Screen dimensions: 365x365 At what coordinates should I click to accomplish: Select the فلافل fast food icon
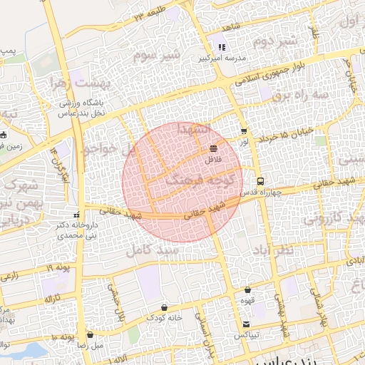tap(213, 148)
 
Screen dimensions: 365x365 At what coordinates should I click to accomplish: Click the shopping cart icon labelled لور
tap(244, 131)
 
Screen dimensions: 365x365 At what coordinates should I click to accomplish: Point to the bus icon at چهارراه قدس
tap(261, 181)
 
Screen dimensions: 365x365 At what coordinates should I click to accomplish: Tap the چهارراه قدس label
tap(262, 192)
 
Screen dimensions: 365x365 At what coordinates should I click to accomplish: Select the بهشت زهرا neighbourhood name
tap(78, 84)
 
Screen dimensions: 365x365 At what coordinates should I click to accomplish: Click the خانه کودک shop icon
tap(164, 307)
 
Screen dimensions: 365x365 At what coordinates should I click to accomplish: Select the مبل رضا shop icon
tap(90, 334)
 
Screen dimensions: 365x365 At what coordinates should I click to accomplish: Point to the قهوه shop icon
tap(247, 290)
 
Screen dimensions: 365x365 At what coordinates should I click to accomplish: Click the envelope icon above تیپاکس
tap(247, 324)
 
